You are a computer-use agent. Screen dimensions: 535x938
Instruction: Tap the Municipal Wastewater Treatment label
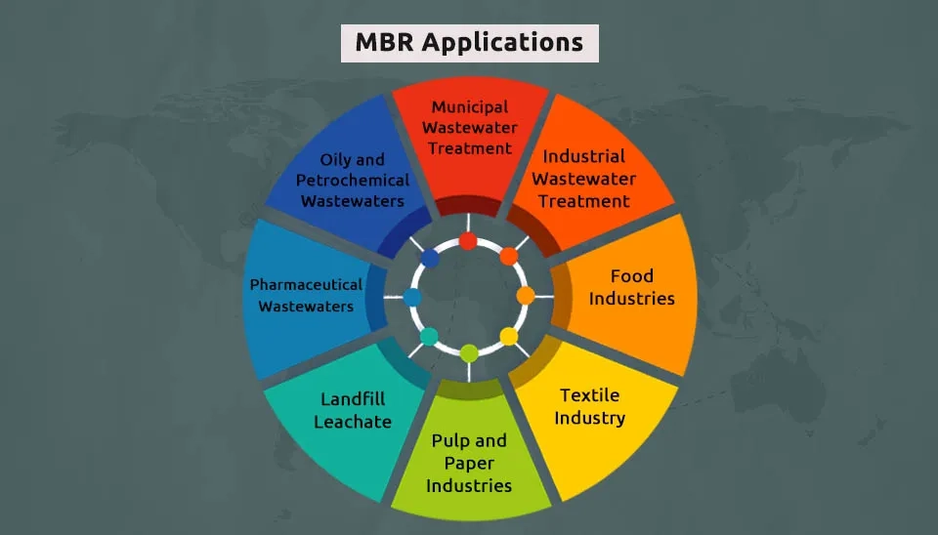coord(470,128)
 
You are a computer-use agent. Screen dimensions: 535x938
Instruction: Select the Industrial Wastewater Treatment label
coord(584,179)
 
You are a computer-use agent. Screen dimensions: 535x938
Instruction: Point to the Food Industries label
coord(631,287)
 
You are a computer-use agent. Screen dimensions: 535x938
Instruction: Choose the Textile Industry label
coord(591,406)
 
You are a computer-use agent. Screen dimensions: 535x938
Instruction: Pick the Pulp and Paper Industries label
coord(469,463)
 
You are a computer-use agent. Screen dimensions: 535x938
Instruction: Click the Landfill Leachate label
coord(353,410)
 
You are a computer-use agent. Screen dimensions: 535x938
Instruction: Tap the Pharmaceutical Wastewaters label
coord(306,295)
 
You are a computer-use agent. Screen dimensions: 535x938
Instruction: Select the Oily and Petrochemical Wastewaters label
coord(352,180)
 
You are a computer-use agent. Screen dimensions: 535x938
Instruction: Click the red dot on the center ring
coord(468,240)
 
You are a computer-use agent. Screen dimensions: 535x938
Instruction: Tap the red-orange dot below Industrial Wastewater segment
coord(509,257)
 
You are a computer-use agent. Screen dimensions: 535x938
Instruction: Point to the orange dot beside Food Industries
coord(526,295)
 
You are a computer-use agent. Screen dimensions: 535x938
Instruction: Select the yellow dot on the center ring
coord(509,336)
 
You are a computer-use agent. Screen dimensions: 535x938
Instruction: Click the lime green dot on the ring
coord(469,352)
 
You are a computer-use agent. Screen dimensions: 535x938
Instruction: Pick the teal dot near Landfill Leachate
coord(429,336)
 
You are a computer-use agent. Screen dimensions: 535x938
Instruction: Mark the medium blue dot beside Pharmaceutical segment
coord(412,297)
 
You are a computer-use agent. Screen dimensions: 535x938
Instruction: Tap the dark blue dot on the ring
coord(429,258)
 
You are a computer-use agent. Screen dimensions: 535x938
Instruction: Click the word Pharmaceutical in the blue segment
coord(306,285)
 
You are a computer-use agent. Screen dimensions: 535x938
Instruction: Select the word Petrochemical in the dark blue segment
coord(352,180)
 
